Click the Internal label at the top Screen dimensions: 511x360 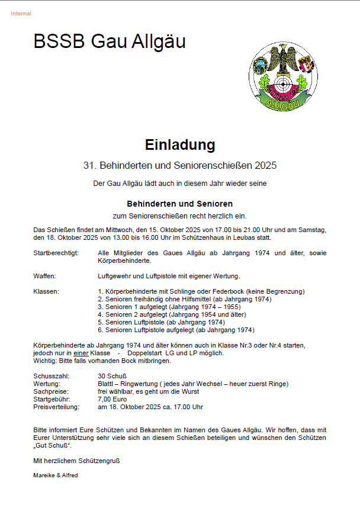tap(21, 14)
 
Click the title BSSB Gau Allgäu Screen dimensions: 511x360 tap(110, 41)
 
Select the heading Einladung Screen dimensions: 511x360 tap(179, 144)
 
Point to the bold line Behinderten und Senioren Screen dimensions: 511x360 tap(179, 204)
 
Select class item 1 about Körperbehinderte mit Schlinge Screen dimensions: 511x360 tap(201, 291)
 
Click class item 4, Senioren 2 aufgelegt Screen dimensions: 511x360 tap(172, 314)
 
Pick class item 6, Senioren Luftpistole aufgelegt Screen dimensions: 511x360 tap(176, 330)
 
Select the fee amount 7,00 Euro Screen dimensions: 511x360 tap(113, 399)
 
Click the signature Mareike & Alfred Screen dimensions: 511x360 tap(56, 475)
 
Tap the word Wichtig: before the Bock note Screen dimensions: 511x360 tap(44, 361)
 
